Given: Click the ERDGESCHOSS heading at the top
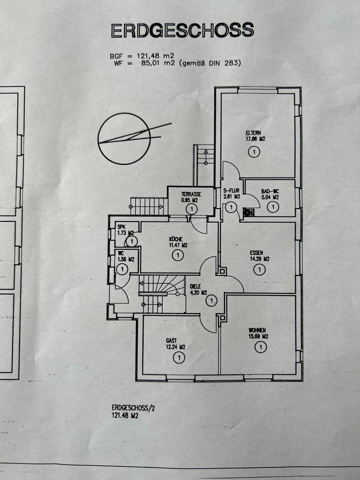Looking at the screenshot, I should click(182, 30).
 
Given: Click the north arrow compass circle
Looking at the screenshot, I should click(124, 138).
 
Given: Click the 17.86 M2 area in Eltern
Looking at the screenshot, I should click(255, 139).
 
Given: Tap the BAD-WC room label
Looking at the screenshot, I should click(270, 190).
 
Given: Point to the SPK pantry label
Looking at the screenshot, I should click(121, 227).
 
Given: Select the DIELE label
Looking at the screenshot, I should click(195, 286).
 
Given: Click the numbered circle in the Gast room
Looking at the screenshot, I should click(178, 357).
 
